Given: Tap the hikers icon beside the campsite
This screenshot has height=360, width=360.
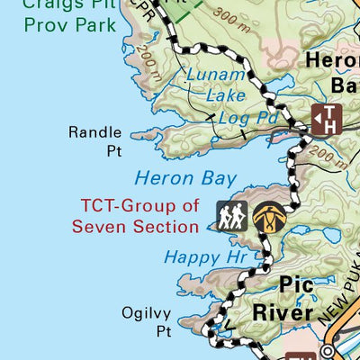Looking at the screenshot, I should tap(231, 215).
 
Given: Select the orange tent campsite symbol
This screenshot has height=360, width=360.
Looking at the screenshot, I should tap(266, 215).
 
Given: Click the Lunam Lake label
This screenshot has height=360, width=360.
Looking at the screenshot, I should tap(215, 85).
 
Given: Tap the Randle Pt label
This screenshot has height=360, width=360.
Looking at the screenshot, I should tap(94, 141).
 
